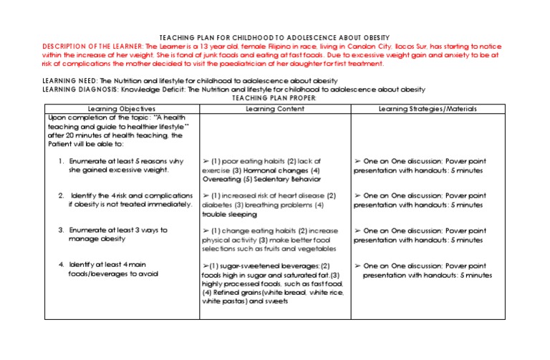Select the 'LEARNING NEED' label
[x=69, y=81]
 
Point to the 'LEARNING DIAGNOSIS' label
[x=80, y=89]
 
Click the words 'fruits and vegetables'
[x=299, y=248]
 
